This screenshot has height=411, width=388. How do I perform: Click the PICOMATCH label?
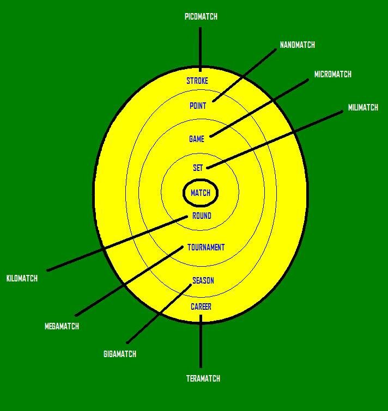click(201, 16)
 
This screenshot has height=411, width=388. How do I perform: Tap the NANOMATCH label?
click(297, 45)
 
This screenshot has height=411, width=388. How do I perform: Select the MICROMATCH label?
click(332, 74)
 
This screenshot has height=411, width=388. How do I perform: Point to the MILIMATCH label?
click(363, 107)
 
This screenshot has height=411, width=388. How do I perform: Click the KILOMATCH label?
click(22, 278)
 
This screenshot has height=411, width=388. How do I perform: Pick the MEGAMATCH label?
click(62, 326)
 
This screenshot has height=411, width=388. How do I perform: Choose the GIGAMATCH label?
click(120, 354)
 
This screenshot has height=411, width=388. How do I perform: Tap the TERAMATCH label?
click(203, 378)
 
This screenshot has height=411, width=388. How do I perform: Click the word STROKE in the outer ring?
click(197, 81)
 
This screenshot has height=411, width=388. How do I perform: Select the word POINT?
click(197, 106)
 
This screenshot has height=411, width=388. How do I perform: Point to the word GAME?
click(197, 139)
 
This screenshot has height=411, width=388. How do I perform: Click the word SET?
click(198, 168)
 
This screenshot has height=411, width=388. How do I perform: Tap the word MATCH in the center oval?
click(201, 193)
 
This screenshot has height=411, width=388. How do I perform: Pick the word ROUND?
click(202, 216)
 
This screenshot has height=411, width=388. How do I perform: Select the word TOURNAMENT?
click(206, 248)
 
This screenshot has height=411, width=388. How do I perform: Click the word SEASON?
click(203, 281)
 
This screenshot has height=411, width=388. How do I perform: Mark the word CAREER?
click(201, 306)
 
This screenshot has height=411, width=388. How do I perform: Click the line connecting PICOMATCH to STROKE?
click(201, 50)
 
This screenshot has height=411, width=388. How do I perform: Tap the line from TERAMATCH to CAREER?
click(201, 341)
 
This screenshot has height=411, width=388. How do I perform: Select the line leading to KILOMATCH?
click(117, 243)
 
